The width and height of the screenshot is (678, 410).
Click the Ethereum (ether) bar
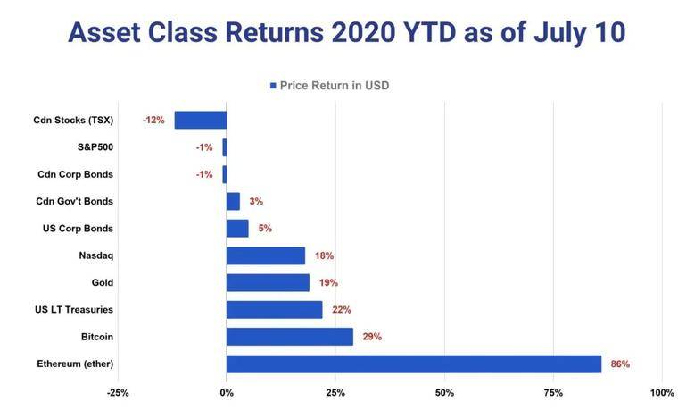(x=414, y=364)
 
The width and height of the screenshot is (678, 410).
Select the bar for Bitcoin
(x=290, y=337)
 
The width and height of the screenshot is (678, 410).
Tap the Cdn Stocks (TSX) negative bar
(x=201, y=120)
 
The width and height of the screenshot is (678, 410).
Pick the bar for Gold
(x=268, y=282)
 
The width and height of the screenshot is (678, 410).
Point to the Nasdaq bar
(x=266, y=255)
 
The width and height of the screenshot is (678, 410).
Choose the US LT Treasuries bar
(x=274, y=310)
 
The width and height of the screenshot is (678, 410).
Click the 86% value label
(x=620, y=364)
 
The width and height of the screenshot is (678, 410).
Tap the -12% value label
(x=153, y=120)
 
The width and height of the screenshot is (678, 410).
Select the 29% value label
(x=371, y=337)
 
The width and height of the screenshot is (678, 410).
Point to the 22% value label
(x=341, y=310)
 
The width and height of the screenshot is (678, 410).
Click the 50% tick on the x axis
(x=444, y=393)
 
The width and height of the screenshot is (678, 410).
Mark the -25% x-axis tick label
(x=118, y=393)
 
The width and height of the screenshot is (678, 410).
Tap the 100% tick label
(x=662, y=393)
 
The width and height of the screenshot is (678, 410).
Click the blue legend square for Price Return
(x=273, y=86)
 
